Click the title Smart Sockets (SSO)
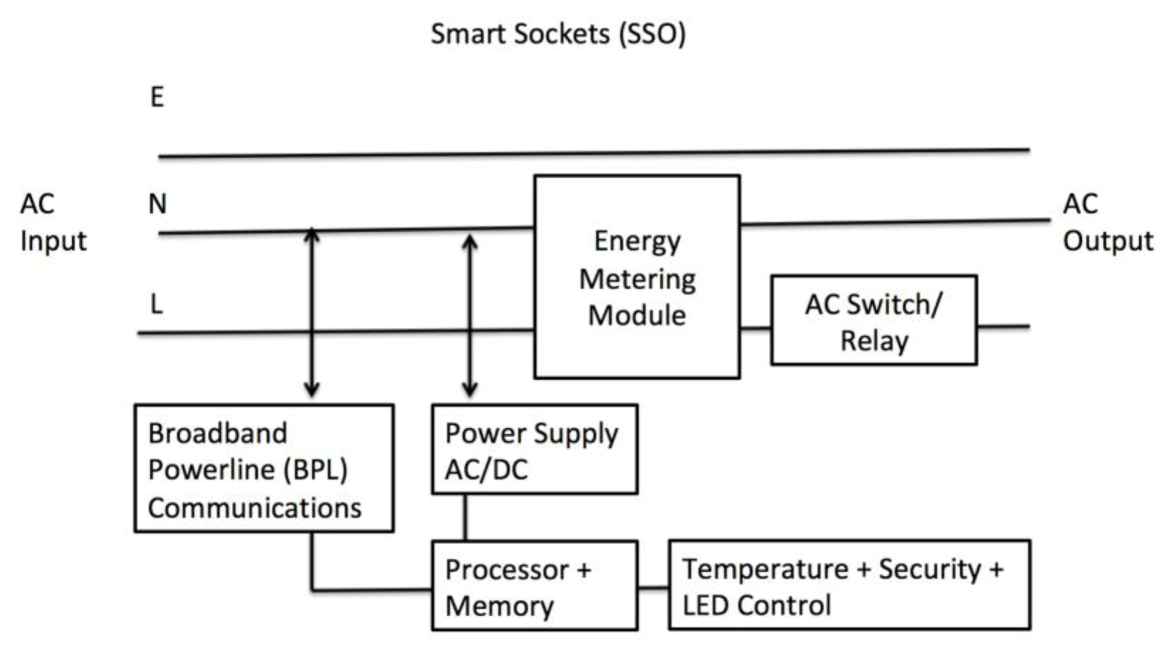[558, 34]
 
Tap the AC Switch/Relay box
[874, 320]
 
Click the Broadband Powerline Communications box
[264, 469]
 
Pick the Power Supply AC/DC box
[534, 450]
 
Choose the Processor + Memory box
[534, 586]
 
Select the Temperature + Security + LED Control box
[849, 586]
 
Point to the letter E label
[157, 97]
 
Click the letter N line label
[157, 204]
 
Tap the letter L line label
[156, 305]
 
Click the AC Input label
[53, 222]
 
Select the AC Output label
[1107, 222]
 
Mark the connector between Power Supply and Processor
[465, 518]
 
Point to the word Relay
[874, 341]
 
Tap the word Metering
[637, 279]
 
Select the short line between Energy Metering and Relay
[755, 328]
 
